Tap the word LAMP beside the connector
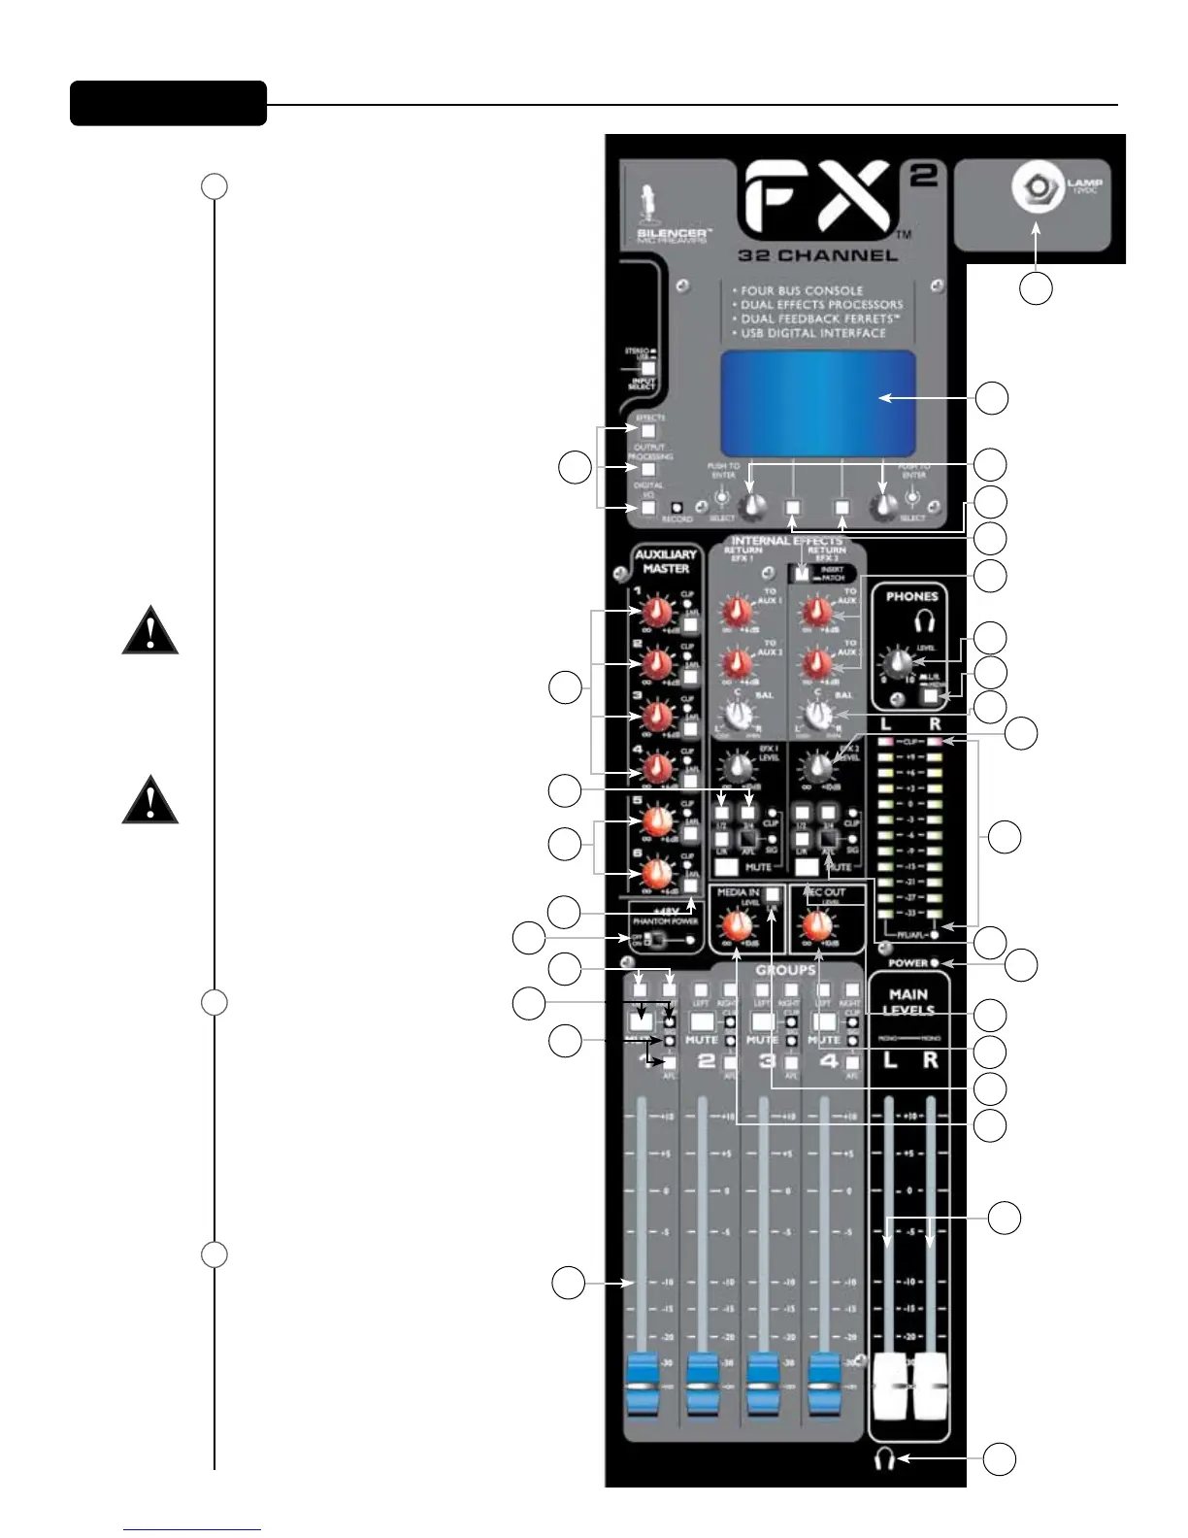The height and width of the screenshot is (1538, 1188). click(x=1085, y=182)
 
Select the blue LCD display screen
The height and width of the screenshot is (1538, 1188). click(x=818, y=402)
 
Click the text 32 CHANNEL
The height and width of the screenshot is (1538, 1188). click(x=817, y=256)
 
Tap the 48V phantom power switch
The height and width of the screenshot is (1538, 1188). click(x=657, y=940)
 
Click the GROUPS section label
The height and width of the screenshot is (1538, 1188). click(x=785, y=970)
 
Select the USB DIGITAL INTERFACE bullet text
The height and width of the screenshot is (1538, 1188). click(x=813, y=333)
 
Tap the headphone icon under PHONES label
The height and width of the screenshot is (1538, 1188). click(x=923, y=620)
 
